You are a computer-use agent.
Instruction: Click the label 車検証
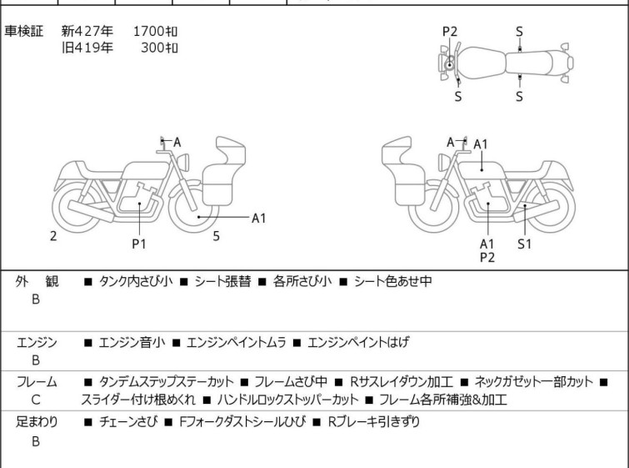[x=30, y=32]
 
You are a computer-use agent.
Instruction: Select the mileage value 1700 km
[x=155, y=32]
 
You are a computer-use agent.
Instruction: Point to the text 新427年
[x=87, y=32]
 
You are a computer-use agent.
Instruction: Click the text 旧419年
[x=87, y=47]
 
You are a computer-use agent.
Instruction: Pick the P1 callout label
[x=138, y=244]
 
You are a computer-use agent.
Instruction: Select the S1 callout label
[x=524, y=244]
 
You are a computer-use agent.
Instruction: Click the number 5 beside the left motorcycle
[x=216, y=236]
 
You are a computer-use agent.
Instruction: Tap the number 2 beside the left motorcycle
[x=53, y=236]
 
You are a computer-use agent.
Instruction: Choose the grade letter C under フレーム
[x=36, y=400]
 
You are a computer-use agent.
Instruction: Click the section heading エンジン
[x=37, y=342]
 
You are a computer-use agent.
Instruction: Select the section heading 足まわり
[x=37, y=422]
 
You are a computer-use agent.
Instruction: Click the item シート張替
[x=219, y=281]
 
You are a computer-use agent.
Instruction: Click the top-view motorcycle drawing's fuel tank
[x=481, y=63]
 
